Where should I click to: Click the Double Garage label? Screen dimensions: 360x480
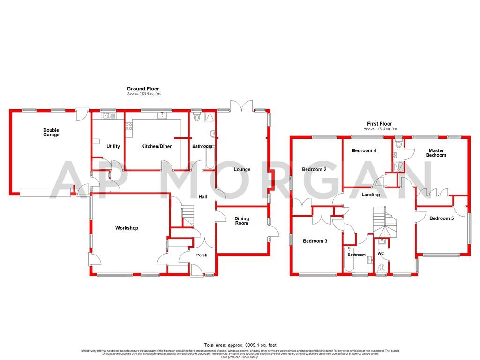52,132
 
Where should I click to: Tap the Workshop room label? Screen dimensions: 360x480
127,228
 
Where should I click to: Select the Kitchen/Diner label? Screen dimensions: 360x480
157,146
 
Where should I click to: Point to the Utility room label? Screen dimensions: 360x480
113,146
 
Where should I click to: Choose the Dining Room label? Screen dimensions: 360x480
242,221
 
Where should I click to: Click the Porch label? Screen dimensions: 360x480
202,255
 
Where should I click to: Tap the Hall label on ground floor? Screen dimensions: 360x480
202,197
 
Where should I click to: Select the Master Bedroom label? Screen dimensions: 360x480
436,153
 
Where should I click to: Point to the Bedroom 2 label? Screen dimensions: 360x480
314,169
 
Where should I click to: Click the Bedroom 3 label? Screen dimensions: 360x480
315,241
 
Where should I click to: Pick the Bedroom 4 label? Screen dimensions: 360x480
364,150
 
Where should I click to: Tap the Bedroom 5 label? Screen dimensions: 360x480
442,218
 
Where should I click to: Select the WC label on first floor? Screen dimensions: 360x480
381,253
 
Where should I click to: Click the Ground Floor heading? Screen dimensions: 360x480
143,89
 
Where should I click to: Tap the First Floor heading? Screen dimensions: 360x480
380,124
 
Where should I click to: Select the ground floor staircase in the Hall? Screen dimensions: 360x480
187,216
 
